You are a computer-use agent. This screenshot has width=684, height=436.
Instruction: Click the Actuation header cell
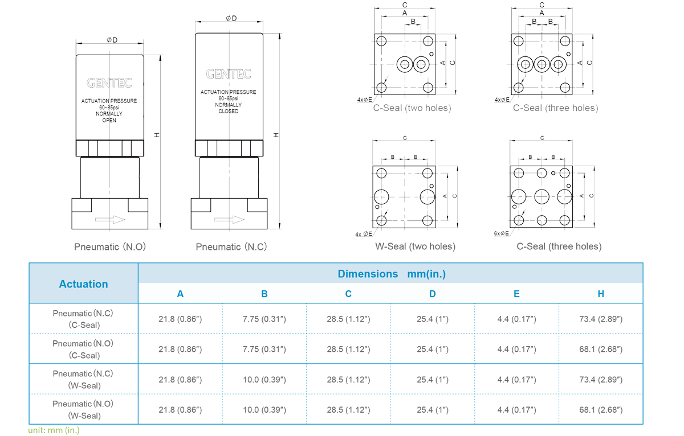(83, 283)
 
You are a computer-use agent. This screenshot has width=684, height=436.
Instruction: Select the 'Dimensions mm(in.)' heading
(391, 274)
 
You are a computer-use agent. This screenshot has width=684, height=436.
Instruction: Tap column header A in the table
(180, 294)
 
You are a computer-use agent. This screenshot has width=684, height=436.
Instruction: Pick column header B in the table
(264, 294)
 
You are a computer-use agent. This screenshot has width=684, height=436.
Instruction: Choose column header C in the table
(348, 294)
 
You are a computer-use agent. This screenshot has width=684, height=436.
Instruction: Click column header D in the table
(433, 294)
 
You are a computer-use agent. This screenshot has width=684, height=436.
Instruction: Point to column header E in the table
(516, 294)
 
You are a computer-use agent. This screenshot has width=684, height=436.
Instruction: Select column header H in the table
(601, 294)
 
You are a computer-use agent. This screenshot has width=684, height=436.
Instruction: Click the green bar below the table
(54, 430)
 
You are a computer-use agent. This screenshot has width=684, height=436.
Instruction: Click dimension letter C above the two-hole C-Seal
(405, 5)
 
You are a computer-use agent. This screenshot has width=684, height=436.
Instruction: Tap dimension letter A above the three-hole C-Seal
(541, 13)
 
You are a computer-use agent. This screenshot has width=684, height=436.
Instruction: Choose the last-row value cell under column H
(601, 408)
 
